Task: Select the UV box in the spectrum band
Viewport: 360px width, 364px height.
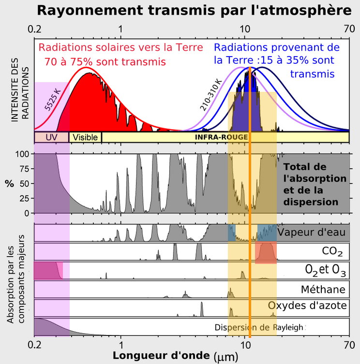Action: coord(51,137)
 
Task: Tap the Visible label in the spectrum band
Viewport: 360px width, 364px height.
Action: coord(86,137)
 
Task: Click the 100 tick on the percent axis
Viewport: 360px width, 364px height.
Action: coord(23,154)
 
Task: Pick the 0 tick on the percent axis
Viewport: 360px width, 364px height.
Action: coord(27,213)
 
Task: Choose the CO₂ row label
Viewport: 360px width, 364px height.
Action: coord(332,252)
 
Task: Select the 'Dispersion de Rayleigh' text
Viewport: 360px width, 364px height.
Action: coord(259,327)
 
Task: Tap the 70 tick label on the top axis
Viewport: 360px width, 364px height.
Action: coord(349,29)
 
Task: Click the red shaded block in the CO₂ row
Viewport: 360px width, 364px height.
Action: coord(266,253)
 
